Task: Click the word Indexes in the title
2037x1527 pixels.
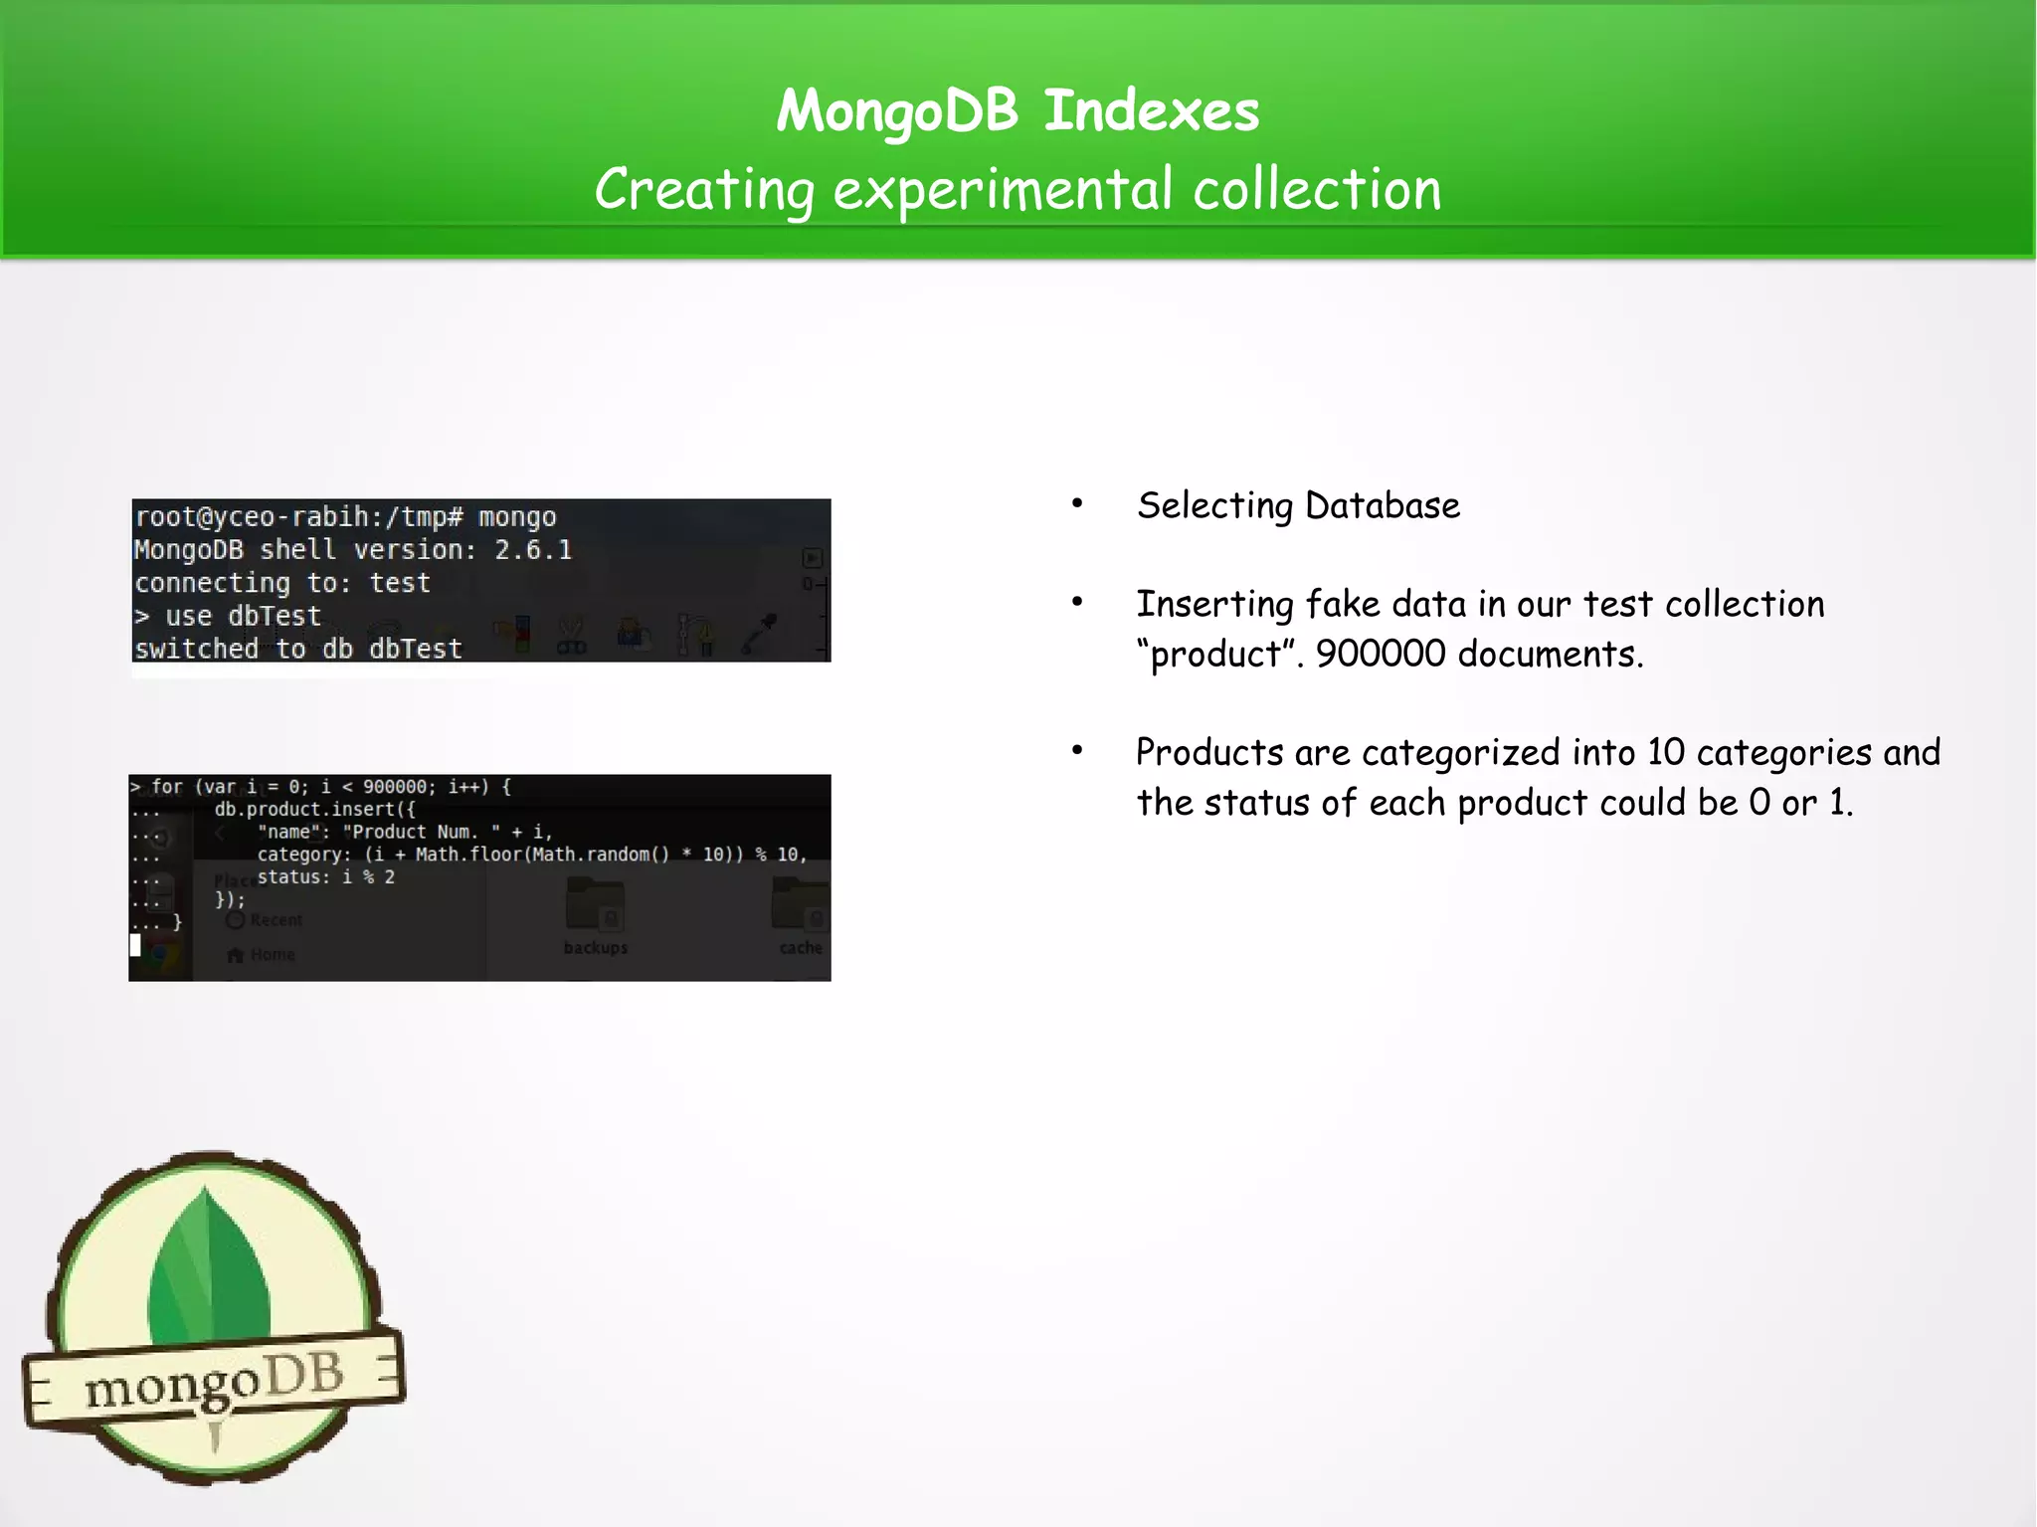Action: (1151, 110)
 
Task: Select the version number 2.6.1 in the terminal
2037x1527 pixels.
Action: (533, 550)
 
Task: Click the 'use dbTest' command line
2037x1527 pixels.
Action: (229, 616)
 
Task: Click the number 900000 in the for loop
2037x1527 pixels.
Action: (395, 787)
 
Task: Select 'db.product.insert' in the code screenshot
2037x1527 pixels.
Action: (304, 810)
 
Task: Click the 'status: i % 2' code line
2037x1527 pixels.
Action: (325, 877)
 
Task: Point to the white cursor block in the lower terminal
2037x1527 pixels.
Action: (135, 945)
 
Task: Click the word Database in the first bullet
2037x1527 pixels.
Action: (1382, 505)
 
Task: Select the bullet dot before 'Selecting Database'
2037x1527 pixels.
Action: (1077, 504)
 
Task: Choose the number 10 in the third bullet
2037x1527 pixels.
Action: (1665, 752)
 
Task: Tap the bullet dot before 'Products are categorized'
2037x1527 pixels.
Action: (1077, 751)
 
